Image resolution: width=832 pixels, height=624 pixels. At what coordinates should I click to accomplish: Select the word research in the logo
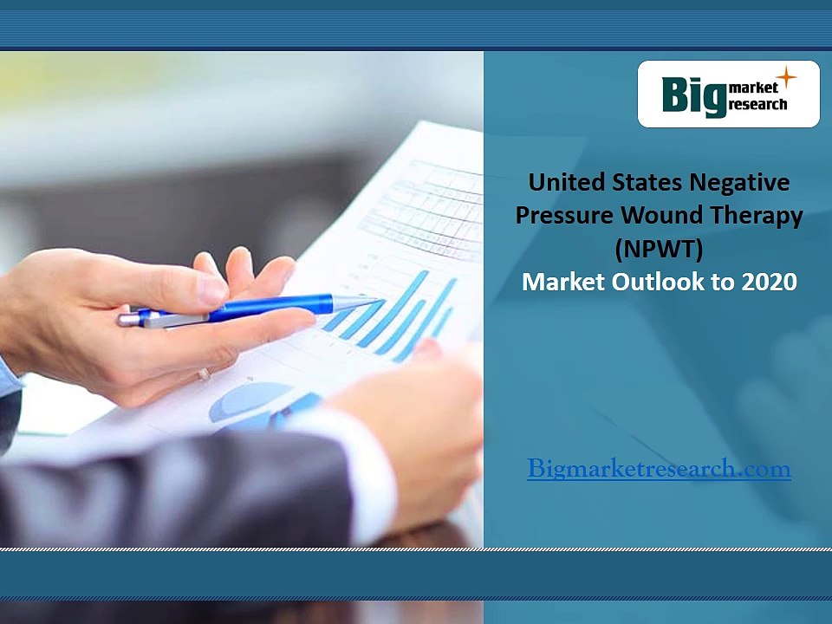click(758, 105)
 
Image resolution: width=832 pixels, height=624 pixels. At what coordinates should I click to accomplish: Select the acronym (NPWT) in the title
click(659, 249)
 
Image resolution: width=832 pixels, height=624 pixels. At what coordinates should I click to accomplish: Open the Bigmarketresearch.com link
click(659, 470)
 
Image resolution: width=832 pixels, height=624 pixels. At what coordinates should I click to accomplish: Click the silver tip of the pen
click(357, 302)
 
